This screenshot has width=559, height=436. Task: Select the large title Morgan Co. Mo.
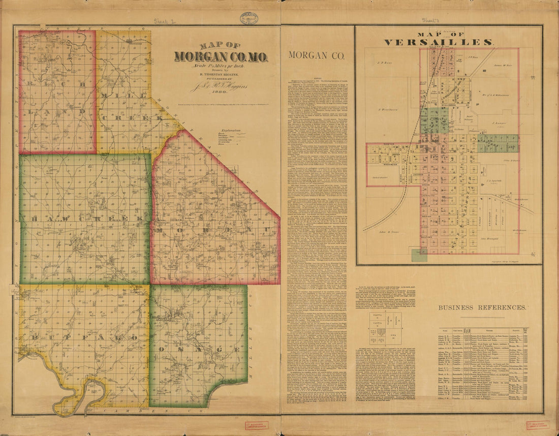[x=221, y=55]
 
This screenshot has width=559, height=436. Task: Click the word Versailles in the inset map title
[x=438, y=42]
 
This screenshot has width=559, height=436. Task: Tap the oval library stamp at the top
[x=249, y=18]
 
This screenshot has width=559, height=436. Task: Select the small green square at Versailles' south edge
[x=419, y=255]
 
